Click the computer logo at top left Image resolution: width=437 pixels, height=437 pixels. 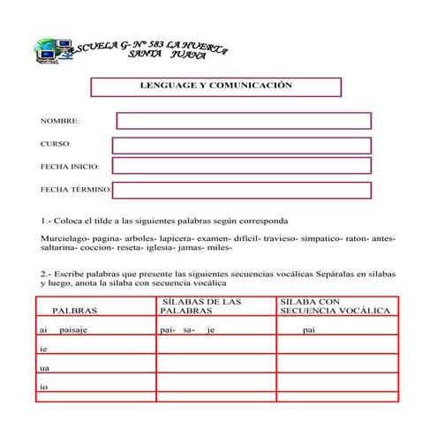[x=51, y=50]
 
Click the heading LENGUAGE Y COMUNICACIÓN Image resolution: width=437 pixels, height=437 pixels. [x=215, y=86]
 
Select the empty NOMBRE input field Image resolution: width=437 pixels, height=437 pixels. [x=244, y=121]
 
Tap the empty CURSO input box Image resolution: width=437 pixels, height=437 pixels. [x=241, y=145]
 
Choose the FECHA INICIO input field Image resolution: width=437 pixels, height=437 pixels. [x=241, y=166]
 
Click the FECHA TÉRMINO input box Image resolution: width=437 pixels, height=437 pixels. [x=242, y=189]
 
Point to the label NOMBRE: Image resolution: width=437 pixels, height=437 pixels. [x=60, y=121]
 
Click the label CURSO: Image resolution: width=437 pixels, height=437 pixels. [x=56, y=144]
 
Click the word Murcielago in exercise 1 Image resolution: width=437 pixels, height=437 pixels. [x=61, y=238]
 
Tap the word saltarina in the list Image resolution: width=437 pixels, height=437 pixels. [x=58, y=248]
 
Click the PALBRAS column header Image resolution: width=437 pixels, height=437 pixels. [x=75, y=312]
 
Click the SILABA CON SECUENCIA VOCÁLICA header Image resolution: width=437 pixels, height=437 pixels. [x=334, y=306]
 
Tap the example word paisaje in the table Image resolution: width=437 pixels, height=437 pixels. [x=73, y=330]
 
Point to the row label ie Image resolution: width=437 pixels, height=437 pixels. [x=43, y=349]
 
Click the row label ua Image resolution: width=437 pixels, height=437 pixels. [x=44, y=368]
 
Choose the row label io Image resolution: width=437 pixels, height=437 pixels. [x=43, y=387]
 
